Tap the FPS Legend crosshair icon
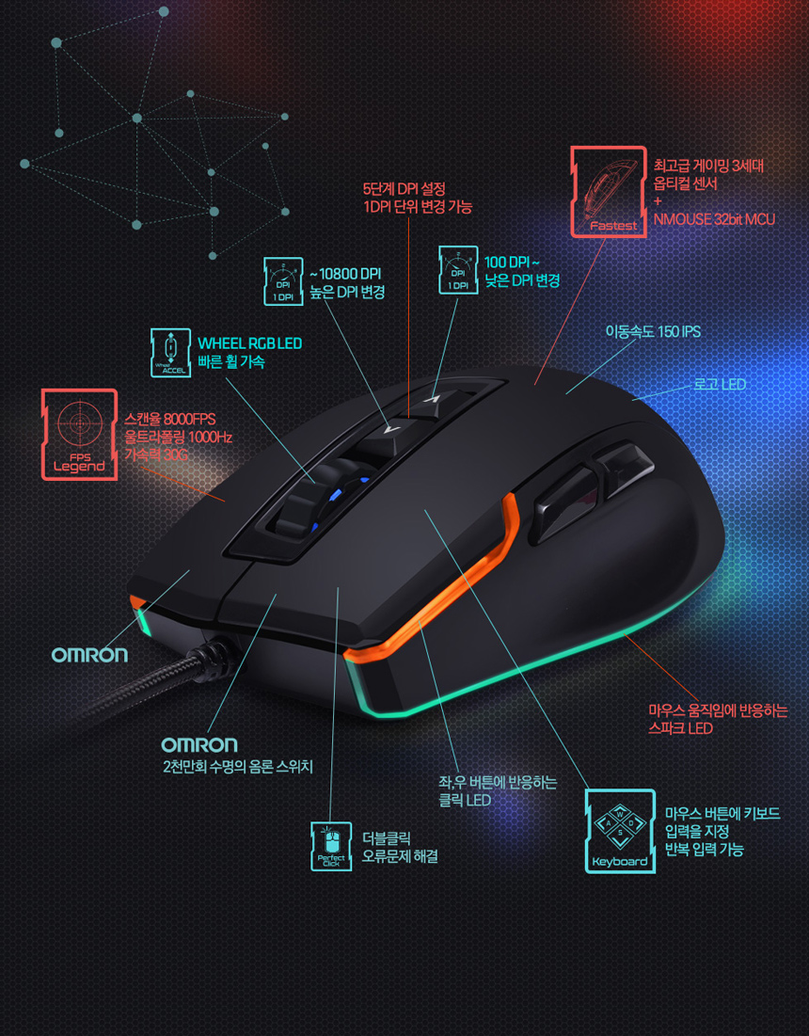point(79,434)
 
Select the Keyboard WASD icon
point(620,831)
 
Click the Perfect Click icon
point(331,846)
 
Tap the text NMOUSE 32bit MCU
point(714,219)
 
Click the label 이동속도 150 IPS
point(652,332)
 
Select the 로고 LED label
point(719,384)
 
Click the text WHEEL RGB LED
point(249,343)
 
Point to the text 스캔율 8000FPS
point(170,419)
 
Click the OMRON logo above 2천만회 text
point(198,745)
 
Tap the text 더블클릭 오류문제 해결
point(400,847)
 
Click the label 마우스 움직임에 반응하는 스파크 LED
point(717,719)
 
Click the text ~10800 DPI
point(344,274)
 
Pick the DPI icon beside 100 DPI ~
point(459,268)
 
